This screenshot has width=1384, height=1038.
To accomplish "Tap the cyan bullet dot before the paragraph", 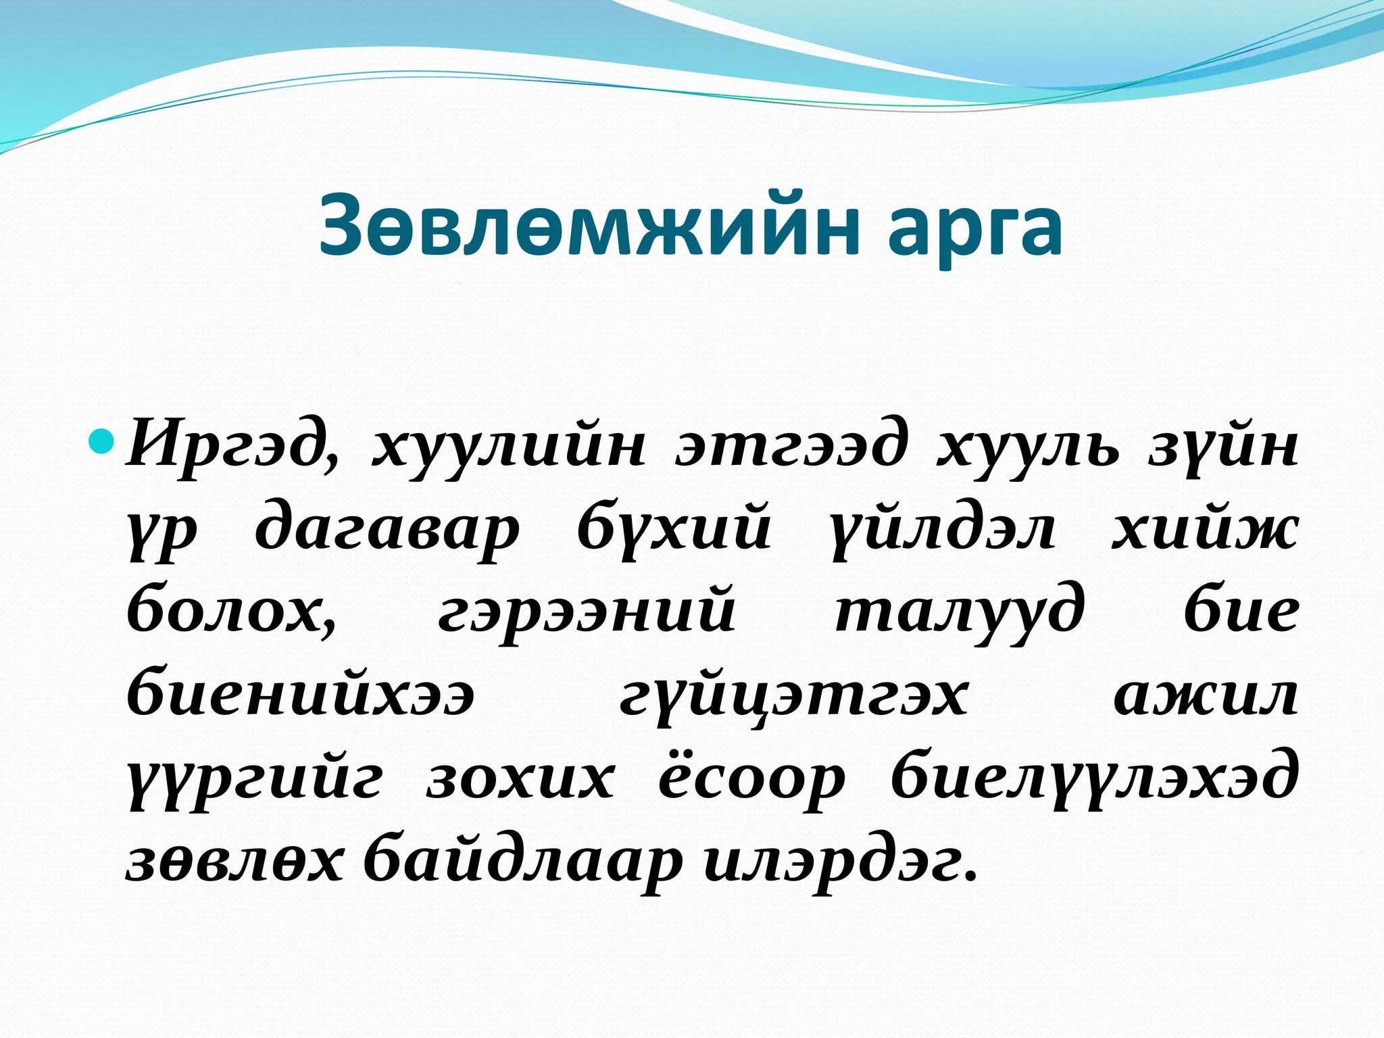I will click(103, 442).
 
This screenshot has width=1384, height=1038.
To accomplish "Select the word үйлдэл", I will click(943, 530).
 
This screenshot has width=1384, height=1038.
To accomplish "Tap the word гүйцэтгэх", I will click(794, 696).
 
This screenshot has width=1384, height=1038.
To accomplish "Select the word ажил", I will click(1206, 696).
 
